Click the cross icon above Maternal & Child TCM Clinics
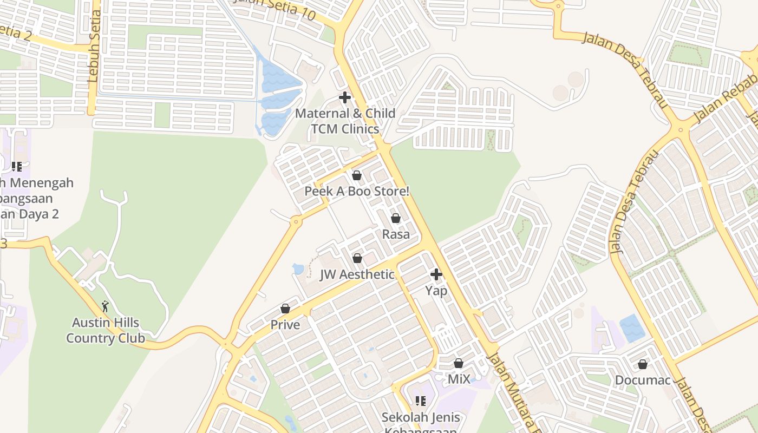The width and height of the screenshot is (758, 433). [x=345, y=98]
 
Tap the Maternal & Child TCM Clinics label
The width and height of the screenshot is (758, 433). [x=345, y=121]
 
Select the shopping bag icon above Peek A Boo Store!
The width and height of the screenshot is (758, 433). [x=357, y=175]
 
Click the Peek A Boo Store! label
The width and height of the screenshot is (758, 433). [x=357, y=191]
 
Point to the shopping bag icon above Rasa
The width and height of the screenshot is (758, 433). [x=396, y=218]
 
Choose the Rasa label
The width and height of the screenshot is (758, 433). [x=396, y=234]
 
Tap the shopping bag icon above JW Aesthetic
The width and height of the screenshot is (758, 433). [x=357, y=259]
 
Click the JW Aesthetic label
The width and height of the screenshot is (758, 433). [x=357, y=274]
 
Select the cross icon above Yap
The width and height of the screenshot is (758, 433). [x=436, y=274]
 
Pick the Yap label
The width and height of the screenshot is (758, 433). [x=436, y=291]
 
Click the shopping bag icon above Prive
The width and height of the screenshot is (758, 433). [x=285, y=309]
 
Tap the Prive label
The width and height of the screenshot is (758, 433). [x=285, y=325]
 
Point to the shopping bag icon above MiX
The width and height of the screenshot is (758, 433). [x=459, y=363]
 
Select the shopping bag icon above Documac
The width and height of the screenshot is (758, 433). [x=643, y=364]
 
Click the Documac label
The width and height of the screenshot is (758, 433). [x=643, y=380]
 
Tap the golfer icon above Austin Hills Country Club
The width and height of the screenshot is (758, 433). [x=105, y=307]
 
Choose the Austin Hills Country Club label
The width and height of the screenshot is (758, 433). [x=106, y=331]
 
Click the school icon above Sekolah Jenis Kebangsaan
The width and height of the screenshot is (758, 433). [x=421, y=401]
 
